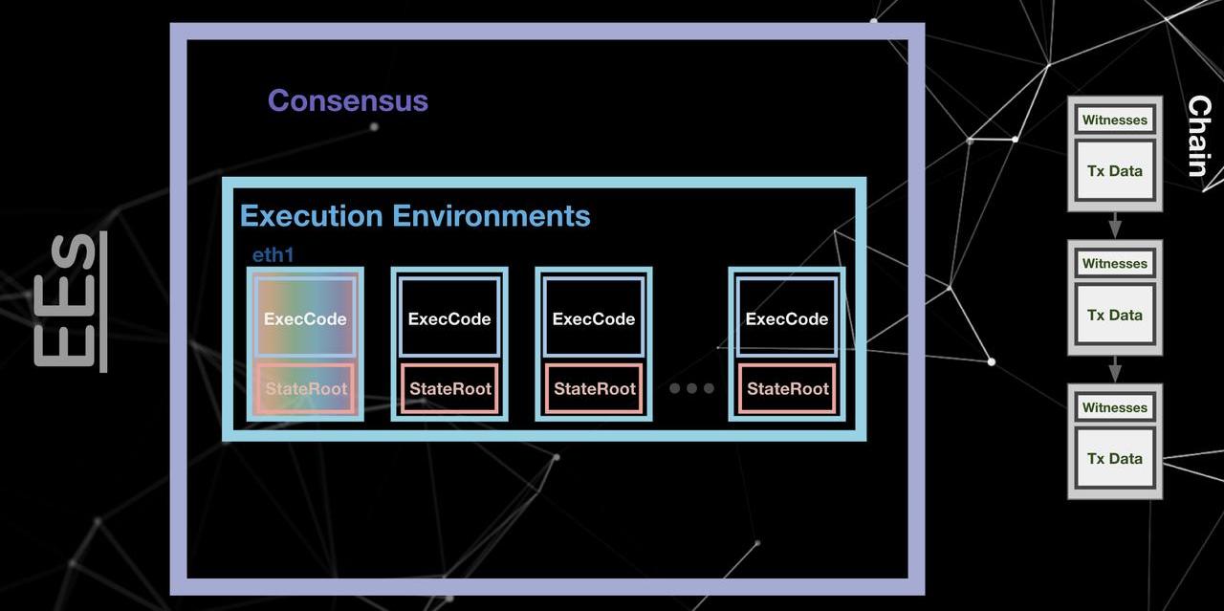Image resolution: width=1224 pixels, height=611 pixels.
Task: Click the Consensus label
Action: (x=348, y=100)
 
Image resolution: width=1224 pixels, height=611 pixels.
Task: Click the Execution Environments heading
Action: (x=415, y=216)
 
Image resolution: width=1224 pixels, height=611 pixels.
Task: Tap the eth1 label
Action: (x=273, y=255)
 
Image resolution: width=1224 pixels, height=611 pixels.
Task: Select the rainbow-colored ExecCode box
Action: (x=305, y=318)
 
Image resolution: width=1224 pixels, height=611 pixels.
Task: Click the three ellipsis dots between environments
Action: (x=691, y=388)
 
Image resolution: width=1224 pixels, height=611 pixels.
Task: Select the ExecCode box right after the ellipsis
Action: (x=787, y=318)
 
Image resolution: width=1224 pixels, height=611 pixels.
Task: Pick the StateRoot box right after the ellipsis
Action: (x=787, y=388)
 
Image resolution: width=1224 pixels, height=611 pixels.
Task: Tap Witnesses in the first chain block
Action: (x=1115, y=120)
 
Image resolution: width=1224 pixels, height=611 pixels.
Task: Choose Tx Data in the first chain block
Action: (x=1115, y=171)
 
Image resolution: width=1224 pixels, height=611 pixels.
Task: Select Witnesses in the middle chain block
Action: (x=1115, y=264)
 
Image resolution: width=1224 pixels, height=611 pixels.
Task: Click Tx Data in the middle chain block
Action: (x=1115, y=315)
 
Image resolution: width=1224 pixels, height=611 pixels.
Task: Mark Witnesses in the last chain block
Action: (x=1115, y=407)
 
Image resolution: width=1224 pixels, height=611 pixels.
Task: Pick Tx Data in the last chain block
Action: (x=1115, y=458)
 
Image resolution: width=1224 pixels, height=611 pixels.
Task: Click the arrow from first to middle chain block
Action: (x=1115, y=226)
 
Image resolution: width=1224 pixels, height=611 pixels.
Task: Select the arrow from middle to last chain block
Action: (x=1115, y=369)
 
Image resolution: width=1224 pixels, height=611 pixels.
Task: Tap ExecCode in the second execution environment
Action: (x=449, y=318)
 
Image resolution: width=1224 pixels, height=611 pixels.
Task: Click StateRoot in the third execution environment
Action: (x=594, y=388)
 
